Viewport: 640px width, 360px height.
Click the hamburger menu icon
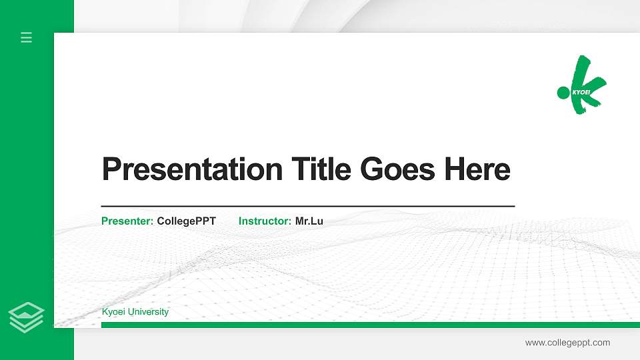[x=27, y=37]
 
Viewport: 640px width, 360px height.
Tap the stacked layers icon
[x=27, y=316]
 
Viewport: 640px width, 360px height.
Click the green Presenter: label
[x=127, y=221]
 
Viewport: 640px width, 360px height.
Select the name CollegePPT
[x=187, y=221]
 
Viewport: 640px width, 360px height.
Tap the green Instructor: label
[x=265, y=221]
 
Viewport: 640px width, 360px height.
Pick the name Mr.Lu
[x=309, y=221]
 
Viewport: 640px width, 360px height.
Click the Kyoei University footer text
[x=135, y=312]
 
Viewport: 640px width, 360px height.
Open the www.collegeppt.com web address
[x=567, y=343]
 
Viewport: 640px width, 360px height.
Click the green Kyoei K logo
[x=585, y=85]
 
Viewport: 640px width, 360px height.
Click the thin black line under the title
[x=308, y=207]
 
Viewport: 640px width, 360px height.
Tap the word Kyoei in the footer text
[x=113, y=312]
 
